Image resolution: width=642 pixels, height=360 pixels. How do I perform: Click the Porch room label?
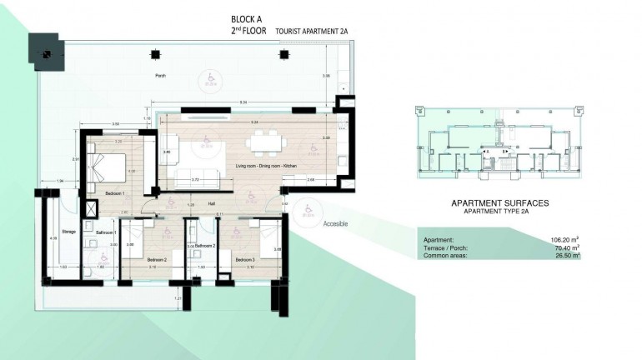coord(160,76)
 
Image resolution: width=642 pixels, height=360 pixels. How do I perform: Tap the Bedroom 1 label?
coord(114,193)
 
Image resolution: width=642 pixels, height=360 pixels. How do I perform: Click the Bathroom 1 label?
coord(105,231)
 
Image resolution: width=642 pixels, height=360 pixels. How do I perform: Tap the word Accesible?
coord(335,223)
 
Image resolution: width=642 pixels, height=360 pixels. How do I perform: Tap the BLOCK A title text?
coord(248,17)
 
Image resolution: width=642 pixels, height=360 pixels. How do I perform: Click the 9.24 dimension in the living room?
coord(253,122)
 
